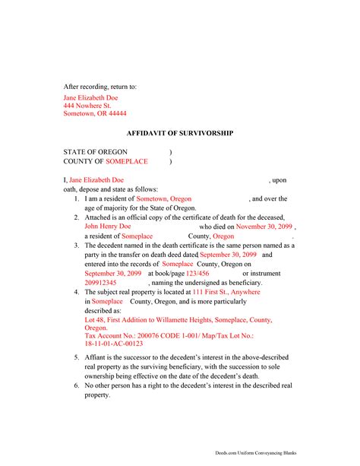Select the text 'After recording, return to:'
click(x=99, y=87)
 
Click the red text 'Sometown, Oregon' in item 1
click(x=164, y=198)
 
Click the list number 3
click(x=77, y=246)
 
